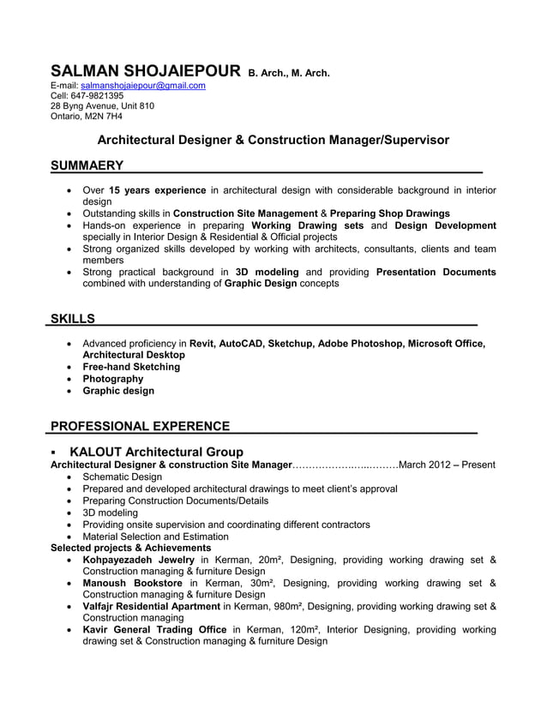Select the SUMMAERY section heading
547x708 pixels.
(87, 165)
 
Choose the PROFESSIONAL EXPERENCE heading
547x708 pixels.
(140, 426)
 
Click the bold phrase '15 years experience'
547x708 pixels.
(158, 189)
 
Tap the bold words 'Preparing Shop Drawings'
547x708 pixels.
(390, 213)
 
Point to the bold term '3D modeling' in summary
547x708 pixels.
(266, 272)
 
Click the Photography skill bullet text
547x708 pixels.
(112, 379)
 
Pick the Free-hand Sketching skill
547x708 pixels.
(131, 367)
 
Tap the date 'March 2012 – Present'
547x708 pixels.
(447, 465)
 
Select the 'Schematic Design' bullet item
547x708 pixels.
(122, 477)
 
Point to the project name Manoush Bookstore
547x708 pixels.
(132, 584)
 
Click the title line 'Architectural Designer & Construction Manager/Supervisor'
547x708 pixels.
(273, 139)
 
